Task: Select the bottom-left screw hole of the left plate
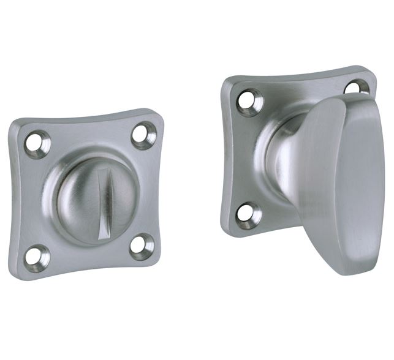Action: coord(37,258)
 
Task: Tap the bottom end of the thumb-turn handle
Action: coord(352,269)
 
